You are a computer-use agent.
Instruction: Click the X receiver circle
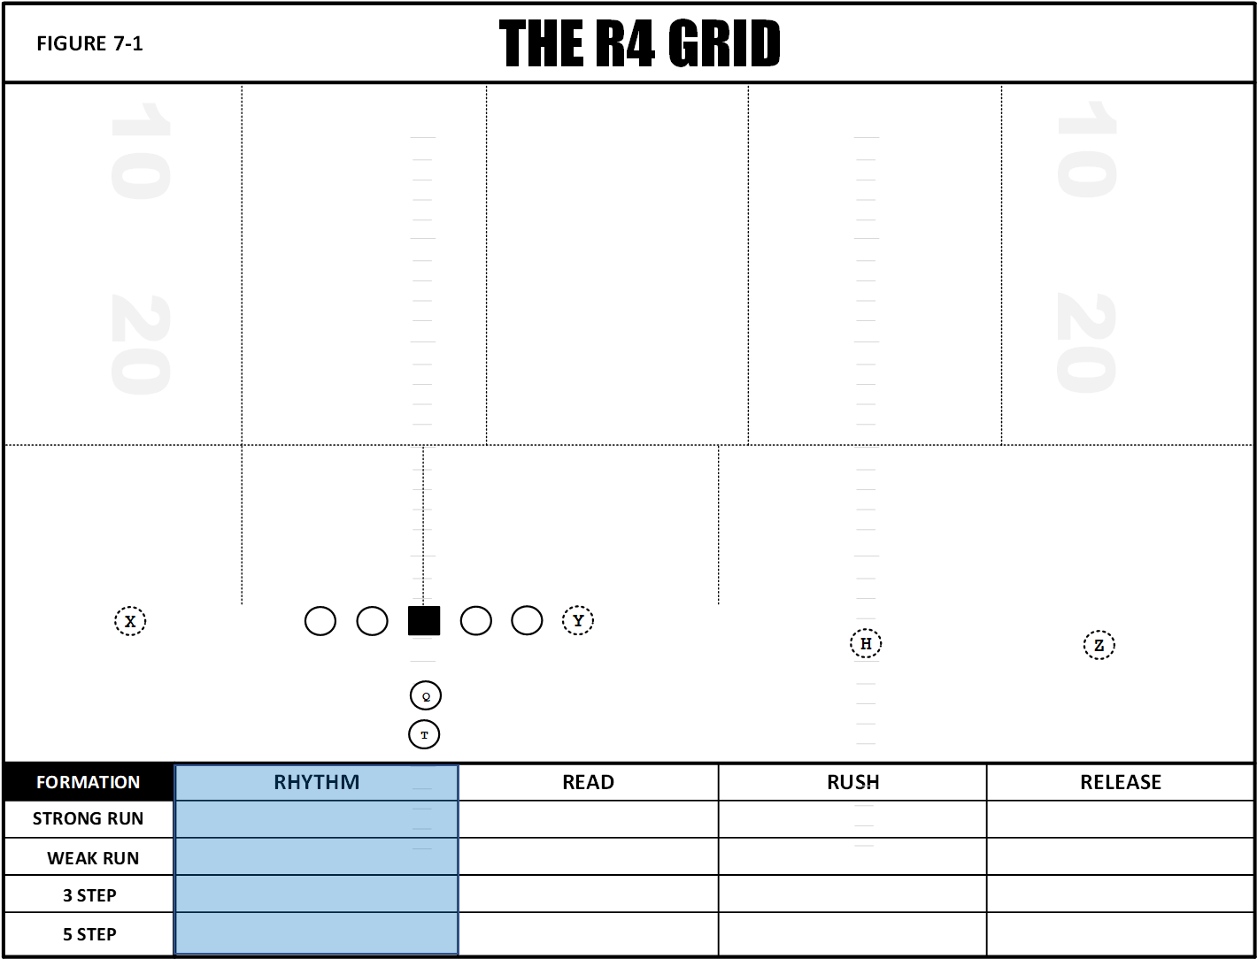(130, 621)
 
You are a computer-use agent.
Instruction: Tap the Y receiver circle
(578, 620)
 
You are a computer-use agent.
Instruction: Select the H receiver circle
(866, 643)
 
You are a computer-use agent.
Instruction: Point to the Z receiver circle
(1099, 645)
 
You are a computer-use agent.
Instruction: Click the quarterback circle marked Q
(426, 695)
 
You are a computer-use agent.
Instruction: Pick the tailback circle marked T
(424, 734)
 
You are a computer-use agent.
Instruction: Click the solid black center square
(424, 620)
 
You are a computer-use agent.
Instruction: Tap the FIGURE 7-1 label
(89, 43)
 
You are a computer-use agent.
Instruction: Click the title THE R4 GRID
(640, 43)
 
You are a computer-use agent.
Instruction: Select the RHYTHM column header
(317, 781)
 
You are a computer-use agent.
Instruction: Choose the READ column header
(588, 781)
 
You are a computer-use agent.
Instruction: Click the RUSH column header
(852, 781)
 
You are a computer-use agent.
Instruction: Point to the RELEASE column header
(1121, 781)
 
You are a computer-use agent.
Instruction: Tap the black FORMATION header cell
(89, 781)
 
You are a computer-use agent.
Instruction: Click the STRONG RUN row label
(88, 818)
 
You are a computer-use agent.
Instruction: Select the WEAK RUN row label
(93, 858)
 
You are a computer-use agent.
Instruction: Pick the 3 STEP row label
(89, 895)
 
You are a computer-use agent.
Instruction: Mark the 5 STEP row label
(89, 934)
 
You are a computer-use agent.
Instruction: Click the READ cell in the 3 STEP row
(588, 894)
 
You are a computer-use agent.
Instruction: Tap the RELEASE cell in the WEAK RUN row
(1121, 856)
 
